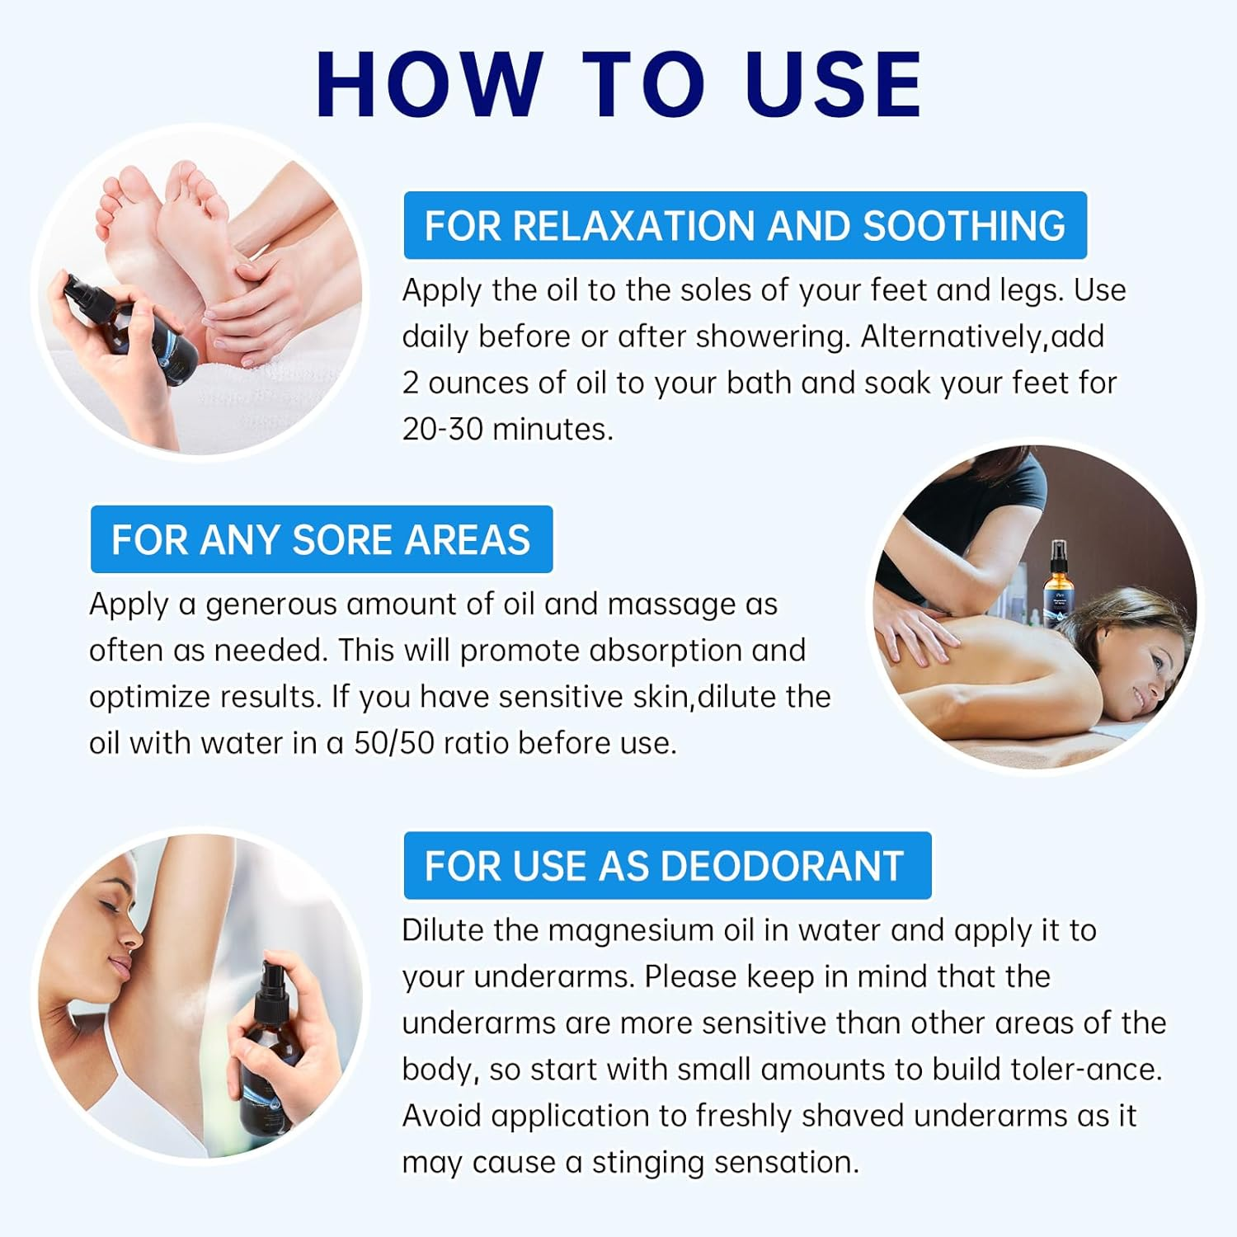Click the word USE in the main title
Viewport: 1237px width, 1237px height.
[x=833, y=84]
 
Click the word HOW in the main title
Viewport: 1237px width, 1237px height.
[x=429, y=84]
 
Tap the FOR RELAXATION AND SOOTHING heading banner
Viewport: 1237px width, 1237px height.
[x=745, y=225]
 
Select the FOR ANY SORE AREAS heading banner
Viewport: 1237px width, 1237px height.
[x=321, y=539]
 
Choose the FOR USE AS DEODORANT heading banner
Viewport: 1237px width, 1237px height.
[x=666, y=866]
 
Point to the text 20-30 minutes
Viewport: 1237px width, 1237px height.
[x=507, y=429]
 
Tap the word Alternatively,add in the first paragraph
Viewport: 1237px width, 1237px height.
[x=982, y=336]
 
